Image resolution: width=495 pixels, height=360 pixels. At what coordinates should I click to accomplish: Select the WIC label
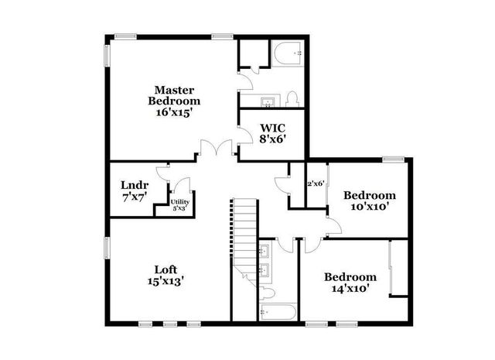(x=273, y=128)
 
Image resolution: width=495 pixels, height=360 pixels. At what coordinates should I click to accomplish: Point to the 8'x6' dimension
(x=273, y=140)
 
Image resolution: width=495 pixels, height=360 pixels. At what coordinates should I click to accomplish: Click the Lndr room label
(x=134, y=185)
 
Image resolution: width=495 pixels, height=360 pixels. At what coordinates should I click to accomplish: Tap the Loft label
(x=166, y=269)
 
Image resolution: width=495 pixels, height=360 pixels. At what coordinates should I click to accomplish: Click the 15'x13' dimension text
(x=166, y=282)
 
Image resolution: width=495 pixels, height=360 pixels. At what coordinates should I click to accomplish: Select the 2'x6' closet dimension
(x=316, y=183)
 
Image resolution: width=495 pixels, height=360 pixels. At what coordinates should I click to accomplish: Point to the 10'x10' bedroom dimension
(x=370, y=207)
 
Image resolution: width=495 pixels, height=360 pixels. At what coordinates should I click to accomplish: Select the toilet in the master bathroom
(x=292, y=99)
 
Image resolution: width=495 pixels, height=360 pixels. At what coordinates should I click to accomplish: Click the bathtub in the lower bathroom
(x=277, y=313)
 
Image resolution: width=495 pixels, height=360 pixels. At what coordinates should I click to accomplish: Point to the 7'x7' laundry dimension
(x=134, y=197)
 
